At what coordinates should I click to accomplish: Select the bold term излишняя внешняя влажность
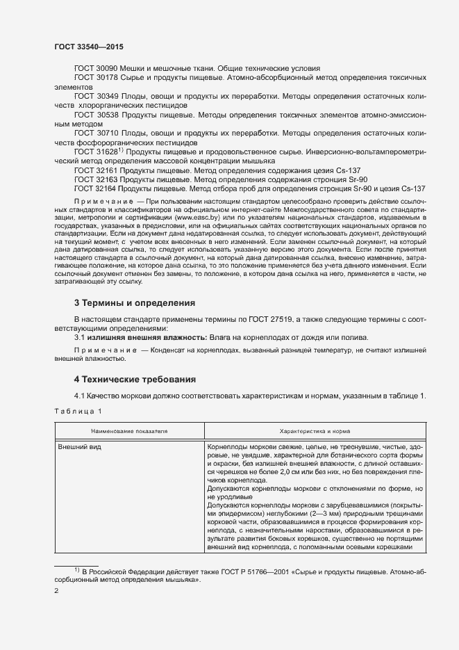(129, 336)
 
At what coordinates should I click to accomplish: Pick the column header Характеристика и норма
(315, 431)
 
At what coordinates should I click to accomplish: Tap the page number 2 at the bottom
(57, 592)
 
